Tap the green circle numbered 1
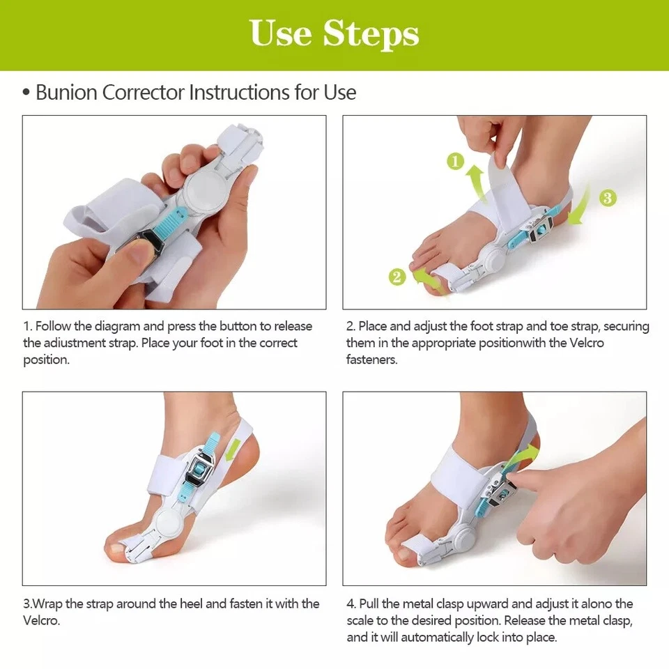[x=455, y=162]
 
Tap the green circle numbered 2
[x=397, y=277]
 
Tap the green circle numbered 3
[x=608, y=198]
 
